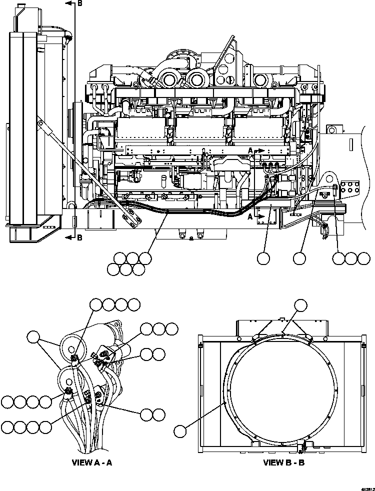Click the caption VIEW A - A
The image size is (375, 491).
[92, 462]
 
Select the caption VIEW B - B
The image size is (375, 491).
[283, 462]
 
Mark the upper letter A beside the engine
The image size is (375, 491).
[250, 149]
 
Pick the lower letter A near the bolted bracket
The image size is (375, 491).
[250, 216]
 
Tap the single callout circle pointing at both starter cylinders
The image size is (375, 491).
[33, 337]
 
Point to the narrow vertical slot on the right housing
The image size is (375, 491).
[351, 144]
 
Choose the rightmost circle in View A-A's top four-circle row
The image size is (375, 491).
[133, 304]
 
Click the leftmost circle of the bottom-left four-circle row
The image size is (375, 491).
[7, 427]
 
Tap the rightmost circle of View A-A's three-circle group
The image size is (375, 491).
[171, 328]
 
